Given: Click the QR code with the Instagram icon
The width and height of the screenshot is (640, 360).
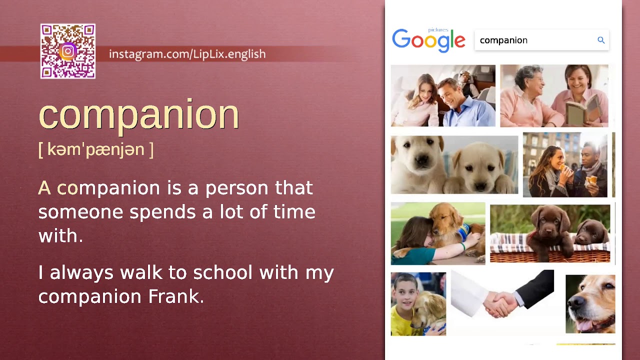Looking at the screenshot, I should click(68, 51).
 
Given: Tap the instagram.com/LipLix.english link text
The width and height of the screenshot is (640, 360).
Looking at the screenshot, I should click(187, 54).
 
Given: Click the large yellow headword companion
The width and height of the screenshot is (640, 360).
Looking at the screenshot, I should click(139, 115).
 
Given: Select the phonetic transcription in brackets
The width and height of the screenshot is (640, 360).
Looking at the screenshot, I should click(96, 149).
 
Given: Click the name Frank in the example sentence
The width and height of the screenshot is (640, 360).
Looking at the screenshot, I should click(176, 296).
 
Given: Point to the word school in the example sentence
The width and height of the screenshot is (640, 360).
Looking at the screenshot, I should click(223, 272).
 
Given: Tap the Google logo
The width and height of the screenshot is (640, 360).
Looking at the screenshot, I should click(428, 40).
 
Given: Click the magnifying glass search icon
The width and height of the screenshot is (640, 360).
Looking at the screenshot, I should click(601, 40).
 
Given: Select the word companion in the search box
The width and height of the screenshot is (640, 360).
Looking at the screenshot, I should click(503, 40).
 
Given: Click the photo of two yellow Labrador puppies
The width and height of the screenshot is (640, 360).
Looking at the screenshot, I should click(454, 164).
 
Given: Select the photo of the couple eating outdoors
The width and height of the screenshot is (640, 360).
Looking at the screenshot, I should click(565, 165).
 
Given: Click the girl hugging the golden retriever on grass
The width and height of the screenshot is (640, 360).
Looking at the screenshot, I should click(415, 240).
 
